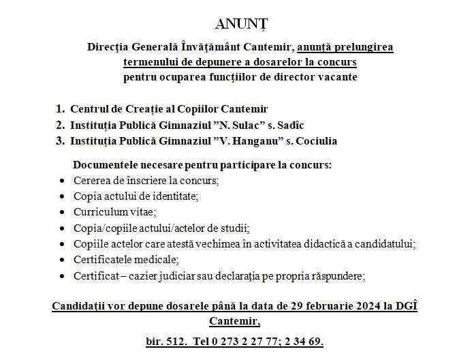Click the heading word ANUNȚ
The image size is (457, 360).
[242, 25]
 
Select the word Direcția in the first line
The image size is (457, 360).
[110, 48]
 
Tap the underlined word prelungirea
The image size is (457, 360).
[363, 48]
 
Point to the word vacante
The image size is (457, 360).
[334, 77]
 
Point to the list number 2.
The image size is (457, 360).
[60, 125]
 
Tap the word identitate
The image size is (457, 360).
[168, 196]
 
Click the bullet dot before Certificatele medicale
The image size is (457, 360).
[63, 260]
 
